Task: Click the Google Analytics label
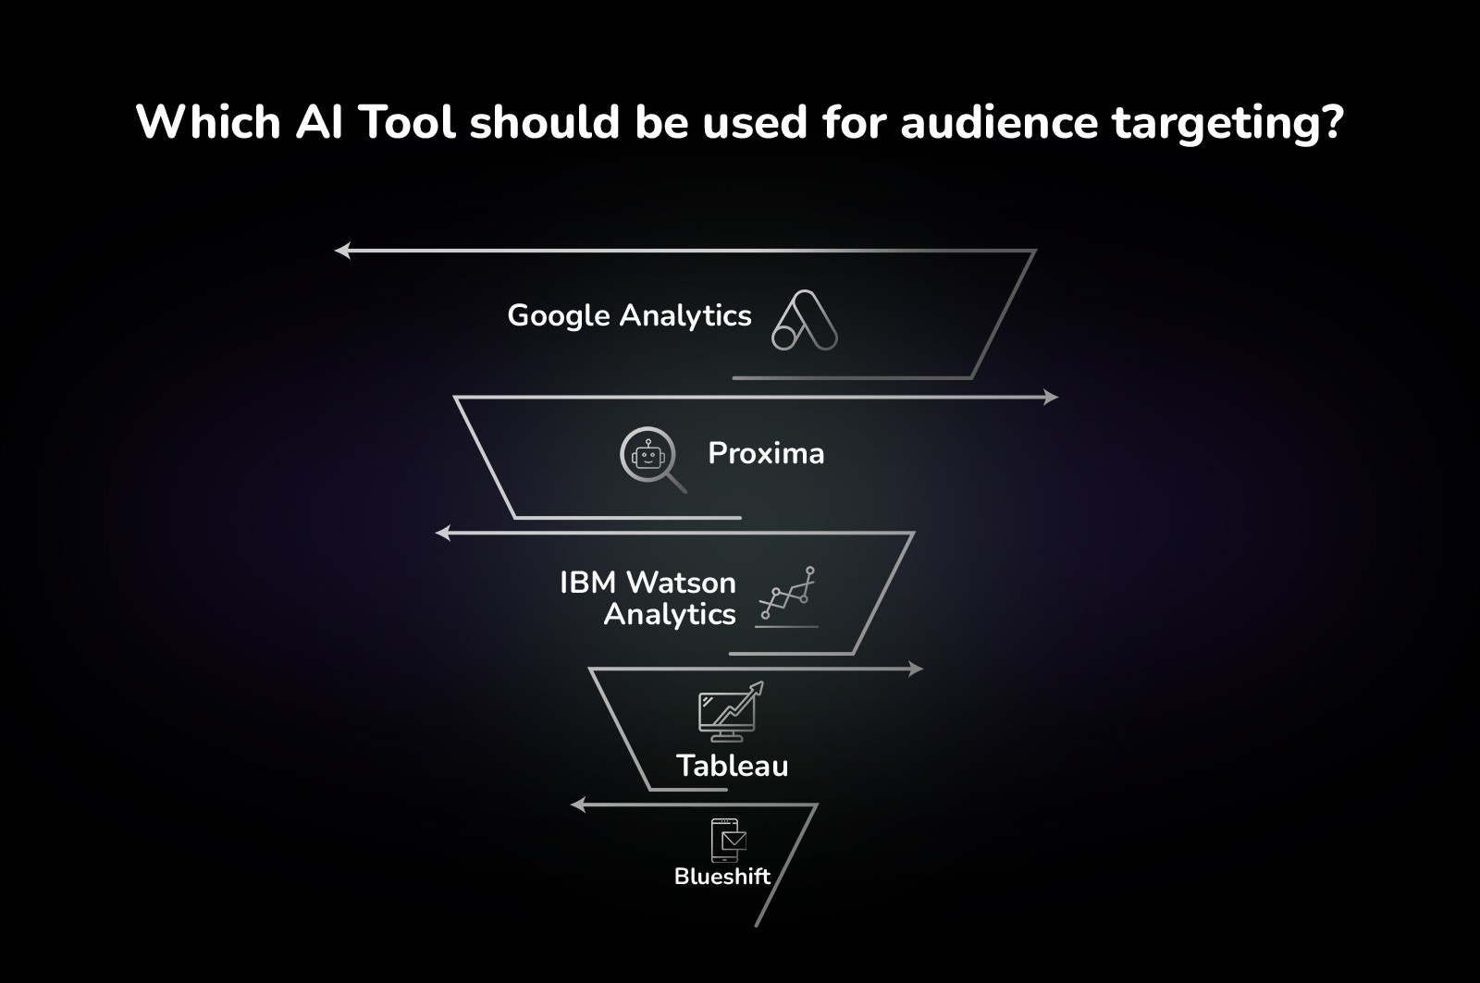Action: (629, 316)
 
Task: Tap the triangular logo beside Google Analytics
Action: (804, 321)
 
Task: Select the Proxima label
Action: (766, 453)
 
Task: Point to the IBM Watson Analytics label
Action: (647, 598)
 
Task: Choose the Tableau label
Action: (732, 766)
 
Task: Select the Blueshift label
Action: (721, 877)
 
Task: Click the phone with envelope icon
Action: (728, 840)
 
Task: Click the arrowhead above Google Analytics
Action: (342, 250)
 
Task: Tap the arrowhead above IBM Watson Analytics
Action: (443, 533)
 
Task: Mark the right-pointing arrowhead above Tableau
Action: (916, 669)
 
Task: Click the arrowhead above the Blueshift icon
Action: (578, 805)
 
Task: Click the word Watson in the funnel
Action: (681, 583)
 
